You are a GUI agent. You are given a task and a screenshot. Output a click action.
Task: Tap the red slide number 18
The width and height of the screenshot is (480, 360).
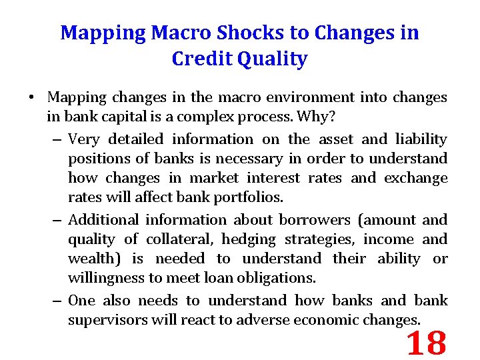pos(425,343)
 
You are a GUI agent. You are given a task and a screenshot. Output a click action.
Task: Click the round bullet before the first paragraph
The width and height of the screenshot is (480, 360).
pos(31,98)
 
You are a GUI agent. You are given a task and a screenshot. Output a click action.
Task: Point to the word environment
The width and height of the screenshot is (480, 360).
pos(313,97)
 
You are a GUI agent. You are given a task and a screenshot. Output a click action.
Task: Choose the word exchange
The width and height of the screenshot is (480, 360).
pos(417,178)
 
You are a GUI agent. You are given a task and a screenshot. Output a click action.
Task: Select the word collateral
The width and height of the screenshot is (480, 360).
pos(183,239)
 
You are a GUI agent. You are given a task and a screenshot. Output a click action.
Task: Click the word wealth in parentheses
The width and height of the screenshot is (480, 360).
pos(92,259)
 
